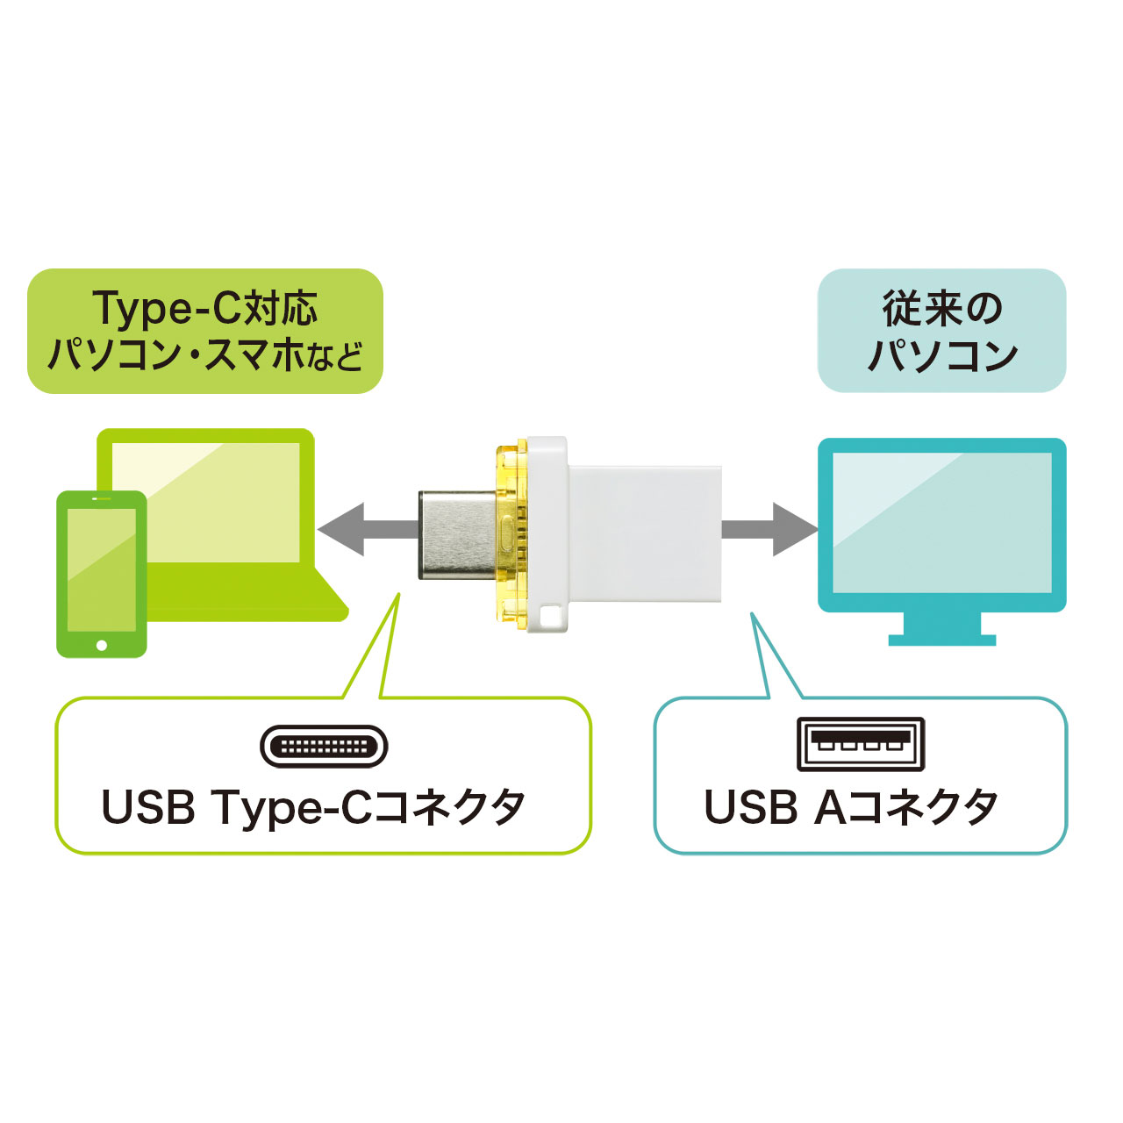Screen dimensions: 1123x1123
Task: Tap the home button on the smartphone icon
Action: click(x=102, y=645)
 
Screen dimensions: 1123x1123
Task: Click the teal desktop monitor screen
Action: click(x=941, y=524)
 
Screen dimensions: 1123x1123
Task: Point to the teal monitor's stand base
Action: click(x=941, y=640)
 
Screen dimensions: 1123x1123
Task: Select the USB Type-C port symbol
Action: click(x=324, y=747)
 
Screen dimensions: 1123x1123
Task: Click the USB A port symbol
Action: click(x=861, y=745)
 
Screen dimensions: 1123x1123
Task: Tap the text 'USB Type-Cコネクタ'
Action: click(x=313, y=807)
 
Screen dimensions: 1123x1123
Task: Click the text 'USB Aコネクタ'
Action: click(x=851, y=807)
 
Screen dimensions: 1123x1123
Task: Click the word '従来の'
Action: click(x=941, y=309)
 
